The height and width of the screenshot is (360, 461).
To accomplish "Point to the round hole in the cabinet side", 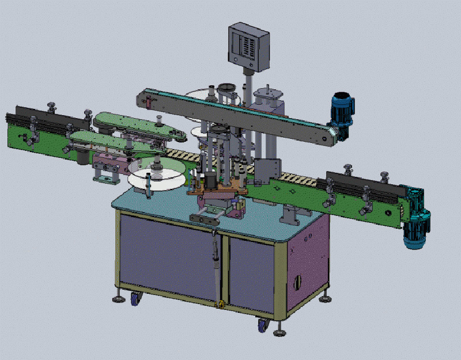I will (297, 282).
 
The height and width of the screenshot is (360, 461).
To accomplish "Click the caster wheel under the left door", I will (137, 298).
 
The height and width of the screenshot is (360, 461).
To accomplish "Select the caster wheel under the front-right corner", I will (262, 325).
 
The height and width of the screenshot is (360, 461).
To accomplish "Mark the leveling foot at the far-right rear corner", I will (326, 297).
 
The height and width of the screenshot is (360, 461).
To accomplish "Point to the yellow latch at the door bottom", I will (218, 303).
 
